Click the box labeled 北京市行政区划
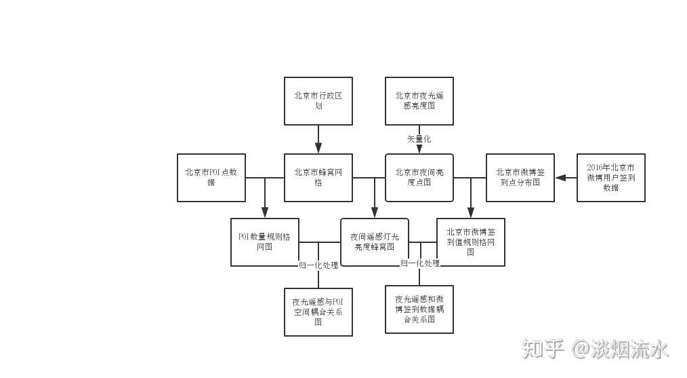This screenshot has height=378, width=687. (x=318, y=100)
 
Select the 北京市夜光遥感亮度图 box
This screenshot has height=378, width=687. (x=419, y=100)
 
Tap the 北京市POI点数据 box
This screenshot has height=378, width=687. (x=211, y=177)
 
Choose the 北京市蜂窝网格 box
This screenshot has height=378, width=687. (x=318, y=177)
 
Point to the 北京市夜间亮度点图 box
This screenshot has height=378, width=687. (x=419, y=177)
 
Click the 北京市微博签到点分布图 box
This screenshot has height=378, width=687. (x=520, y=177)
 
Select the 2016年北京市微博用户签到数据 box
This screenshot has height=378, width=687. (x=610, y=177)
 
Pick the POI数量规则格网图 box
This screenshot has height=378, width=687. (x=264, y=242)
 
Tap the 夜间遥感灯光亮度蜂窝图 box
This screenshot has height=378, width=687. (x=374, y=242)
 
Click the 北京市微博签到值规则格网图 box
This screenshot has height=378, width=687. (x=470, y=242)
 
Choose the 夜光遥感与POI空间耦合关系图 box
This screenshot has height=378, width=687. (x=318, y=311)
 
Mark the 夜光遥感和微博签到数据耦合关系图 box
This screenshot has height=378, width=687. (x=419, y=309)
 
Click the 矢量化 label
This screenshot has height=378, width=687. (x=419, y=138)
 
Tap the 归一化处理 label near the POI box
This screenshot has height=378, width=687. (x=318, y=265)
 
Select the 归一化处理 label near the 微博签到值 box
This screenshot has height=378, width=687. (x=420, y=263)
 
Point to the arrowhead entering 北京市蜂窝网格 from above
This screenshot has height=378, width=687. (x=318, y=149)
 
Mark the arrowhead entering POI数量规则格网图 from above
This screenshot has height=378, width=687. (x=264, y=213)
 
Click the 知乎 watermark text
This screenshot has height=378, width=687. (x=543, y=349)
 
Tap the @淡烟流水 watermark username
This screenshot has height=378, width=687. (x=621, y=349)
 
